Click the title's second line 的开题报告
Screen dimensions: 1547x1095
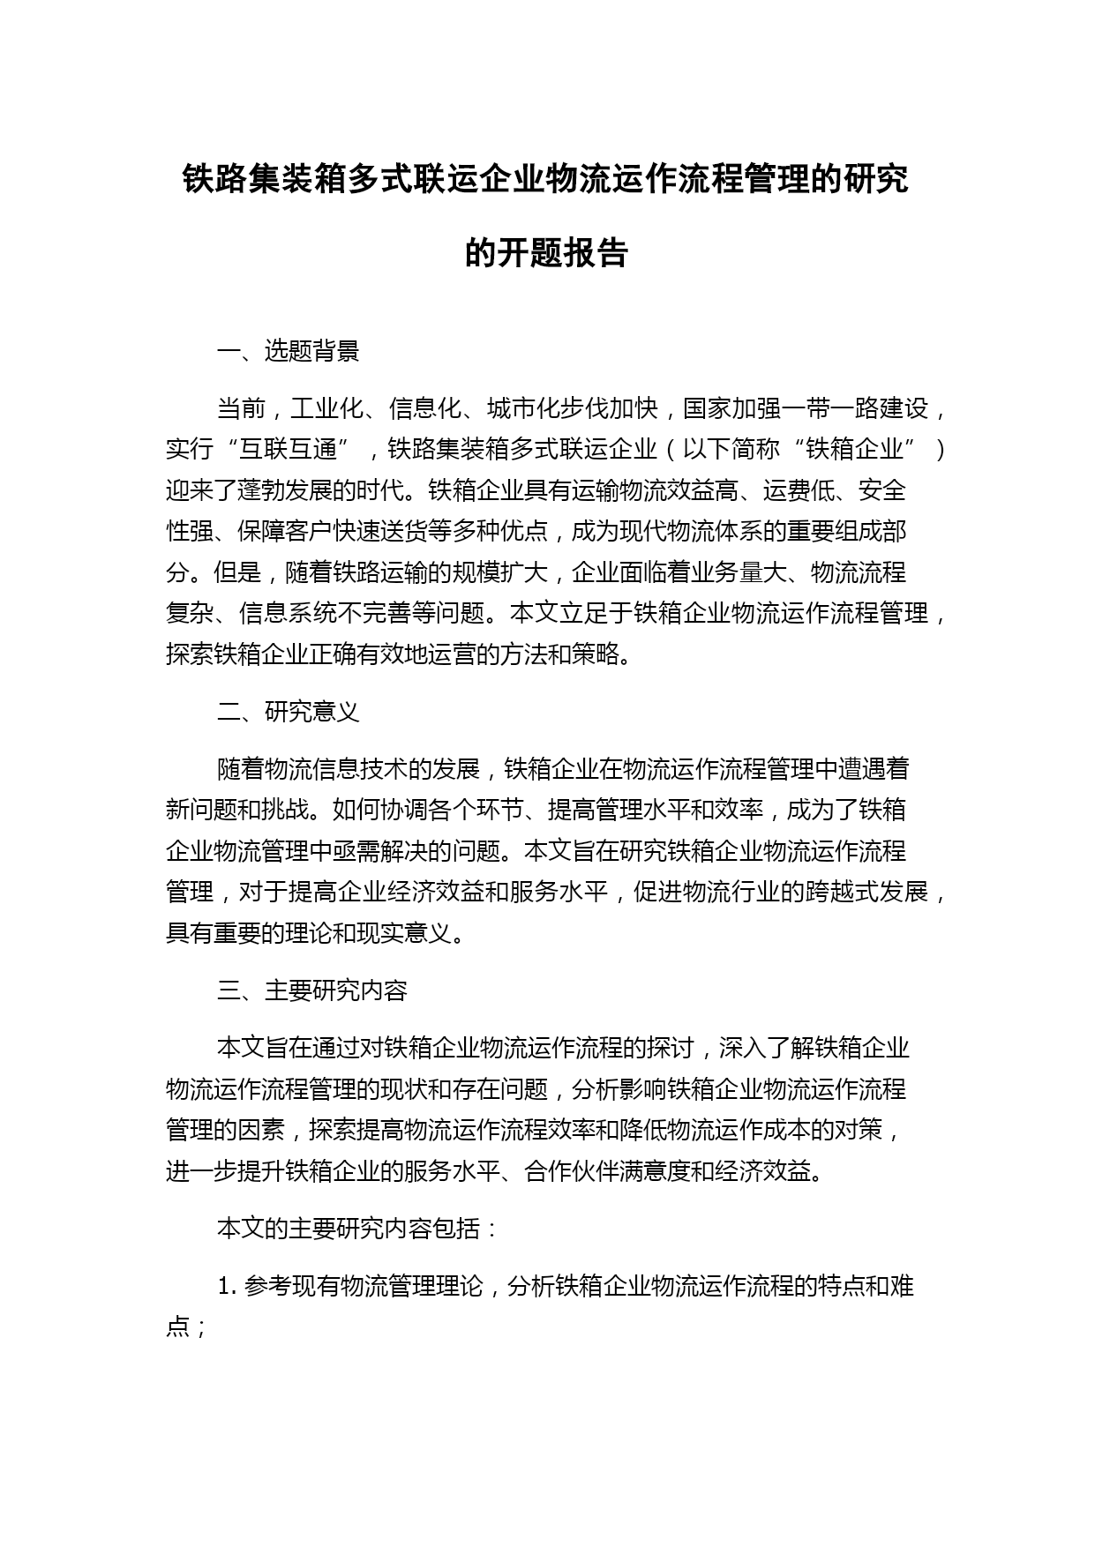[x=546, y=253]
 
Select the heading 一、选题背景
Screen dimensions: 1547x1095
[x=288, y=351]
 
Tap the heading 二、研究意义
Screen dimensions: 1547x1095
[x=288, y=712]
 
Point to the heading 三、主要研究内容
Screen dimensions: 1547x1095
[x=311, y=990]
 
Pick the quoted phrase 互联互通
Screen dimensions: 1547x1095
[x=289, y=449]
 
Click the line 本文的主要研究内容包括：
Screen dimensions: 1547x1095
[x=358, y=1229]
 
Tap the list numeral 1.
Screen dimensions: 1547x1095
[x=224, y=1287]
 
